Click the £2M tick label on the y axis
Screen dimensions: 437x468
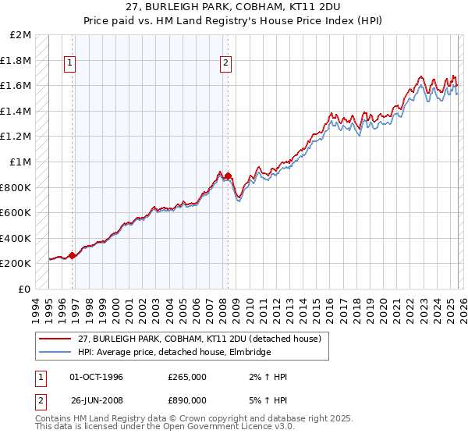(20, 35)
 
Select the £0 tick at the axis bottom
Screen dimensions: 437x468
(25, 289)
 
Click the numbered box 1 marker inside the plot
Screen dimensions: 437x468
(71, 63)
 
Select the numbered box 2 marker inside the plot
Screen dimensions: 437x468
(226, 63)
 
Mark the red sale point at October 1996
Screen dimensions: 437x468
(73, 255)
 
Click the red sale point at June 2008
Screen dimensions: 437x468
(228, 176)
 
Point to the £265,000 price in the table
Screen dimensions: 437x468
(187, 377)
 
